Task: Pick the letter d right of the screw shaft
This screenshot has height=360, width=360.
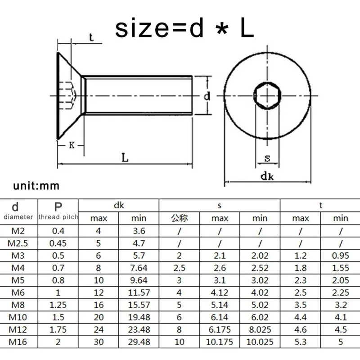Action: [x=207, y=96]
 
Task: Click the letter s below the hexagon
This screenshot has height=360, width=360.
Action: [x=267, y=158]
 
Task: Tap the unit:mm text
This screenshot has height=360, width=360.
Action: [x=36, y=185]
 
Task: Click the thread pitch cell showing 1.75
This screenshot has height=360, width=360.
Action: [x=58, y=330]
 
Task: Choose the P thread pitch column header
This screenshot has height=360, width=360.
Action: [x=58, y=207]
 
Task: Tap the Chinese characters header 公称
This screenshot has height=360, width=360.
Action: [x=179, y=218]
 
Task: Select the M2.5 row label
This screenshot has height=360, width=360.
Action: [x=18, y=243]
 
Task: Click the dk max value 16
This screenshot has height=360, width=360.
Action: [x=98, y=305]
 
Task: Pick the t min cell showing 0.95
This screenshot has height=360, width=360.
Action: [x=340, y=256]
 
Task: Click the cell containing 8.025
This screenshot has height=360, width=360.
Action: [x=260, y=330]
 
